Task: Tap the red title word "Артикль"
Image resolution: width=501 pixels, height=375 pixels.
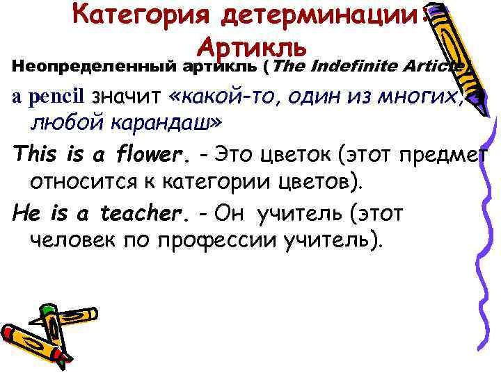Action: point(251,47)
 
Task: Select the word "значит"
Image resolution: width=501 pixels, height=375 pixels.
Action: point(124,97)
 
